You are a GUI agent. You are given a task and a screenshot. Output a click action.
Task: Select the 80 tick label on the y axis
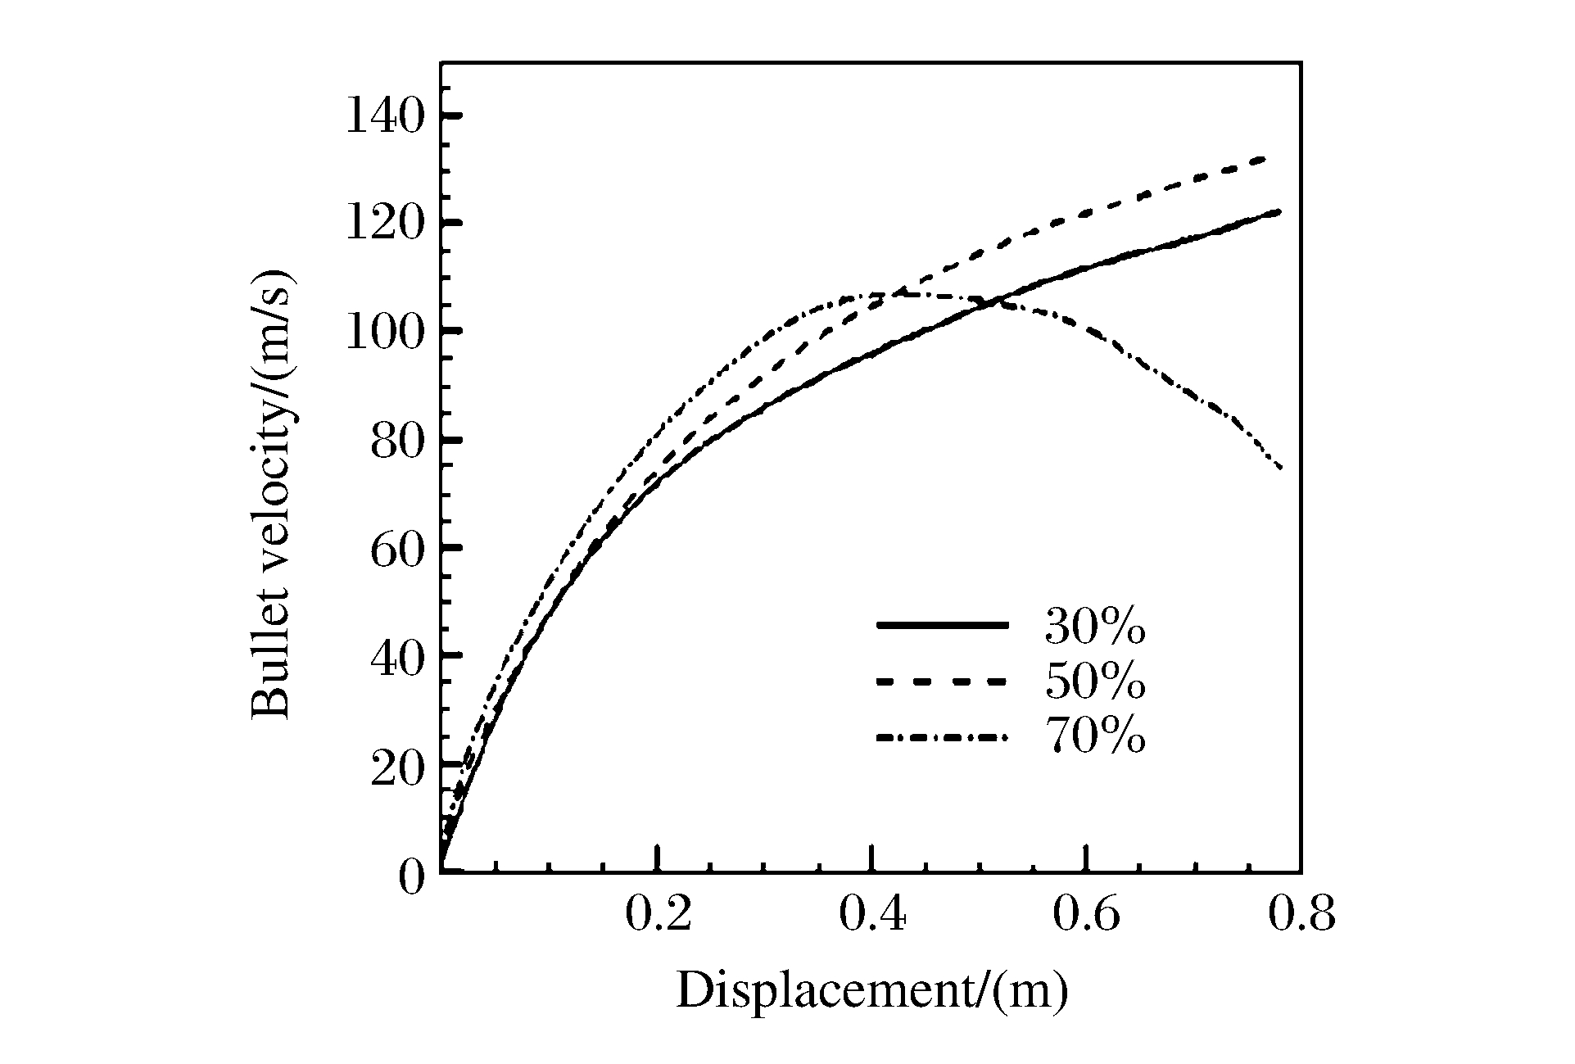coord(397,441)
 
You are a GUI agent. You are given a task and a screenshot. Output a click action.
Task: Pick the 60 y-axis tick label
coord(397,549)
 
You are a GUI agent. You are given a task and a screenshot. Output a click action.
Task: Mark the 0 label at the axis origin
coord(412,876)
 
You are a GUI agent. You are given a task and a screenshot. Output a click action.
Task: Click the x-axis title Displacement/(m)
coord(871,991)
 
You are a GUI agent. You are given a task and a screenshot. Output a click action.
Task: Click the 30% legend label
coord(1094,627)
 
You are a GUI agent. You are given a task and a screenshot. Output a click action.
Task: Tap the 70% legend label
coord(1094,736)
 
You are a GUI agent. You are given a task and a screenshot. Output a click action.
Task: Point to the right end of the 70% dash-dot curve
coord(1280,468)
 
